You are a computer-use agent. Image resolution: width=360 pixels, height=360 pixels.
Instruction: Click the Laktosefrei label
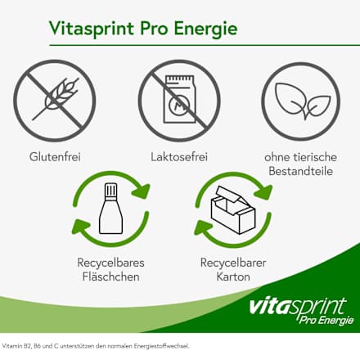(178, 155)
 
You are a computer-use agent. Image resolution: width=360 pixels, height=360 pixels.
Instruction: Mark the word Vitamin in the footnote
(13, 345)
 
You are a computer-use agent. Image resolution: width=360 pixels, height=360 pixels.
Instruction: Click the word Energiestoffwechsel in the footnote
(172, 345)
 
